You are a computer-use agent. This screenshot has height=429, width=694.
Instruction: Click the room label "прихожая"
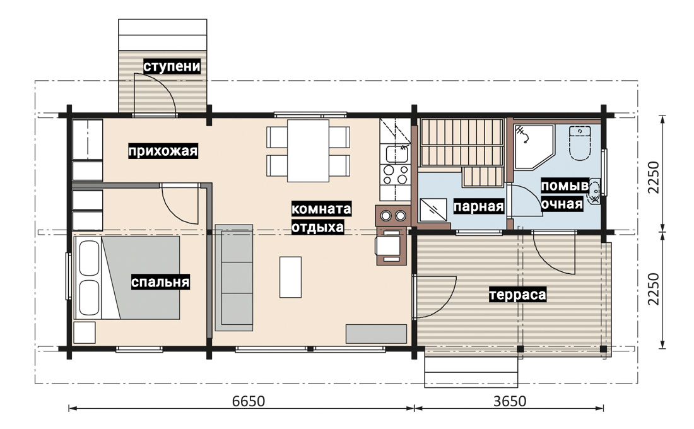[x=163, y=151]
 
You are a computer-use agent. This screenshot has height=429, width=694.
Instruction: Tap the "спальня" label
[x=160, y=282]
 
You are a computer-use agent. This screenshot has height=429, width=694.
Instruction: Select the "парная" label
[x=478, y=206]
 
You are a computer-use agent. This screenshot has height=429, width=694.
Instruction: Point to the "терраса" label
[x=517, y=295]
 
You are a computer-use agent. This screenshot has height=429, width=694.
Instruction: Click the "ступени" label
[x=172, y=66]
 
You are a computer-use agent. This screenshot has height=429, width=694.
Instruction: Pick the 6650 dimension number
[x=249, y=401]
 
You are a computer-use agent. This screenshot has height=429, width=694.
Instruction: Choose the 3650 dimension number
[x=510, y=401]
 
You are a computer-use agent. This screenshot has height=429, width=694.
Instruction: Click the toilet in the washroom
[x=580, y=143]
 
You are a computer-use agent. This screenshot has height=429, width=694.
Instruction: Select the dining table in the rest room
[x=308, y=151]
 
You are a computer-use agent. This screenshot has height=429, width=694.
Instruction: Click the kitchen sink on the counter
[x=397, y=154]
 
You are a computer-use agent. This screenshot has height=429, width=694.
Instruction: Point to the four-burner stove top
[x=395, y=174]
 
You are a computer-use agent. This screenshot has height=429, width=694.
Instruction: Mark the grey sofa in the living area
[x=234, y=278]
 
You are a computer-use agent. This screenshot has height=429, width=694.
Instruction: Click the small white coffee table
[x=290, y=277]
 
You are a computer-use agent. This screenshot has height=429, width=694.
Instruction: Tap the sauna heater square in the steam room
[x=433, y=209]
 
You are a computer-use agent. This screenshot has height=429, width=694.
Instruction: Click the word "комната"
[x=321, y=209]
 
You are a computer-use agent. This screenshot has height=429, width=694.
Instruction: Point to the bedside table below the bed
[x=85, y=332]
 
